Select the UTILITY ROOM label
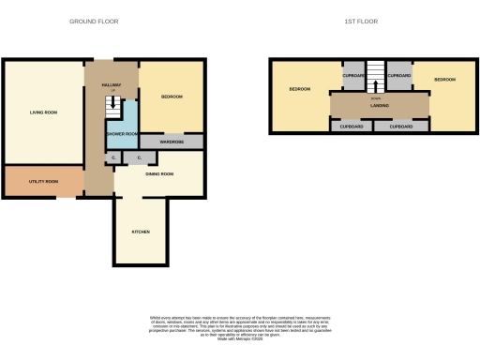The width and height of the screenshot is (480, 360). (43, 181)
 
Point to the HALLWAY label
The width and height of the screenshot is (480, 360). (111, 85)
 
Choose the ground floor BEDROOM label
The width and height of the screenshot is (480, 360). (171, 97)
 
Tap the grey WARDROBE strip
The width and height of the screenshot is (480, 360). (171, 142)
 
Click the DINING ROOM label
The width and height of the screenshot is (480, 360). (159, 173)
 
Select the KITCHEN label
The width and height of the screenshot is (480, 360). (141, 232)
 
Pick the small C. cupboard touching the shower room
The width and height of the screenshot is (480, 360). (112, 157)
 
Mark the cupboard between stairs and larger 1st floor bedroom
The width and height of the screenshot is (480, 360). (352, 75)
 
